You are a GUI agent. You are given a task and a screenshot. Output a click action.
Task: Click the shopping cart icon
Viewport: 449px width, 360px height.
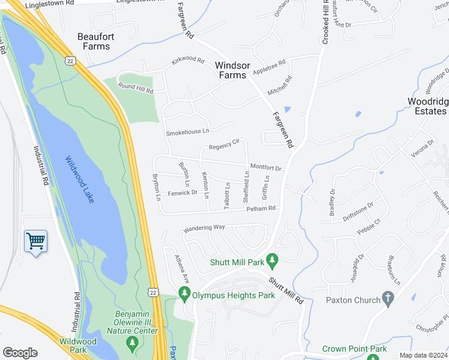(x=35, y=241)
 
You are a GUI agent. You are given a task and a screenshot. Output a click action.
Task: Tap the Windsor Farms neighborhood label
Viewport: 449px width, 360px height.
(x=231, y=70)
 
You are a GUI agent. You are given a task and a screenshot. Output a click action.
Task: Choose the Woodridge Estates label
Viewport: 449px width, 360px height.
(x=427, y=106)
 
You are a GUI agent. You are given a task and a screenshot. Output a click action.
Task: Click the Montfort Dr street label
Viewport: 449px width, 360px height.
(x=265, y=167)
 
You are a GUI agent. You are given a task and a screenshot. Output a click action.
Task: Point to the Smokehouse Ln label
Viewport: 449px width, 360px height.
(x=187, y=131)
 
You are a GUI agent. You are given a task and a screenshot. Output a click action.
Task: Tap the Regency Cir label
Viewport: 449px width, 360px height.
(x=224, y=145)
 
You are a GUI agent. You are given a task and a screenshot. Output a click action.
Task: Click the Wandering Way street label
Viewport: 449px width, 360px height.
(x=203, y=228)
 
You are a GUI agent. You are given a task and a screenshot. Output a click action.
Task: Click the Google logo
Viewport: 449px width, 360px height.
(x=20, y=353)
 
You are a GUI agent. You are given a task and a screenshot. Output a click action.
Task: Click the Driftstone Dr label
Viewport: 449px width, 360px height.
(x=357, y=205)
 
